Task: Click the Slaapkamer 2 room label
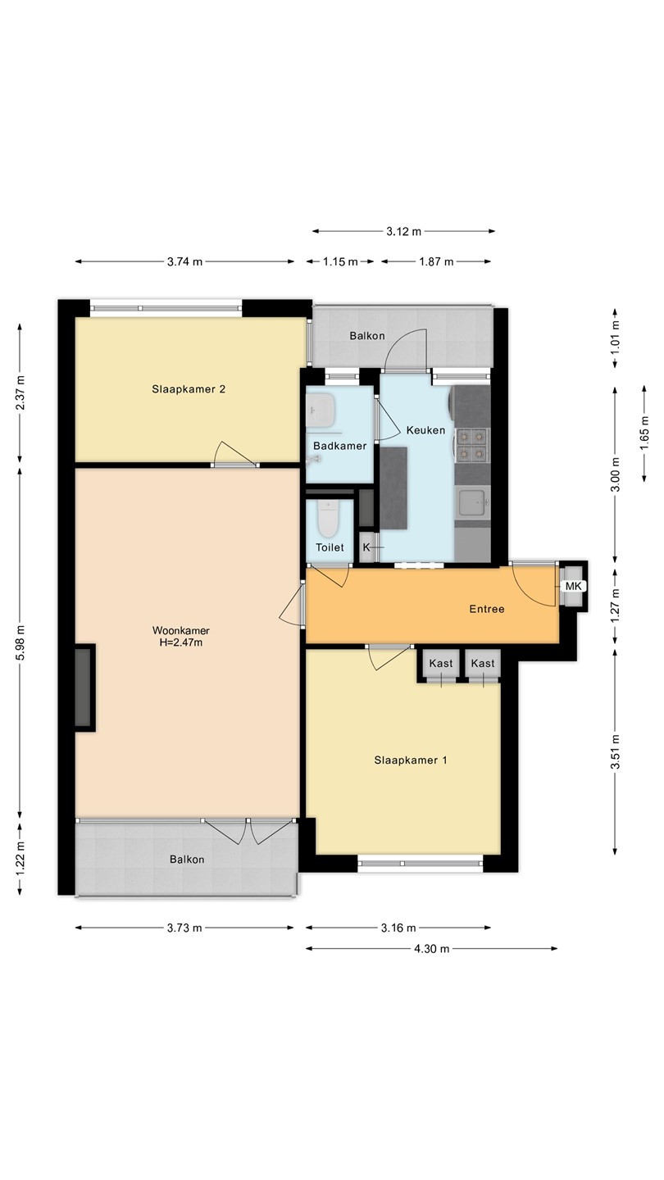pyautogui.click(x=189, y=389)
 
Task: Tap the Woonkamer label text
pyautogui.click(x=180, y=630)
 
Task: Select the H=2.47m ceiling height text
pyautogui.click(x=180, y=642)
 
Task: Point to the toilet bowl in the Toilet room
pyautogui.click(x=328, y=519)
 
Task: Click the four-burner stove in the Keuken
pyautogui.click(x=471, y=445)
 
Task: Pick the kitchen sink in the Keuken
pyautogui.click(x=473, y=502)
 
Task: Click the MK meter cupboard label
pyautogui.click(x=573, y=587)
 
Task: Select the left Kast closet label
pyautogui.click(x=440, y=663)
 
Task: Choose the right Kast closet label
pyautogui.click(x=483, y=663)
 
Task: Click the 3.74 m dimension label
pyautogui.click(x=185, y=262)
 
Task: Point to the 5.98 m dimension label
pyautogui.click(x=20, y=642)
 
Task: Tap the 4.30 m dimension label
pyautogui.click(x=431, y=949)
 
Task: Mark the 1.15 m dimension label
pyautogui.click(x=340, y=262)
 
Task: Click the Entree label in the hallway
pyautogui.click(x=487, y=609)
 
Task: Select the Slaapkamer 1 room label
pyautogui.click(x=411, y=760)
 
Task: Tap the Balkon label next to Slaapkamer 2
pyautogui.click(x=367, y=336)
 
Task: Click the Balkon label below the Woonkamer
pyautogui.click(x=187, y=859)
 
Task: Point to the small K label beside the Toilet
pyautogui.click(x=366, y=547)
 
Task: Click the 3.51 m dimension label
pyautogui.click(x=615, y=751)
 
